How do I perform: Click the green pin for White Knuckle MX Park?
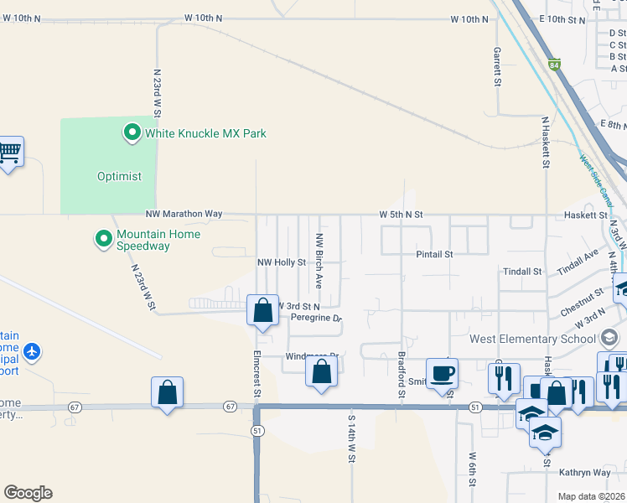[132, 132]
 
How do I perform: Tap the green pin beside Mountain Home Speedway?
[104, 240]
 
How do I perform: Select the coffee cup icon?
[442, 372]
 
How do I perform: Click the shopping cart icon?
[10, 152]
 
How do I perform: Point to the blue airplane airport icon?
[32, 350]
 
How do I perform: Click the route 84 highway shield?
[554, 64]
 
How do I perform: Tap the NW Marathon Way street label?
[184, 214]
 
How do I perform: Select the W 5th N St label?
[401, 215]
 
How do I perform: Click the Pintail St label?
[434, 253]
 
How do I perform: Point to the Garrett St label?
[497, 67]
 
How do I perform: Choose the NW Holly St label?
[281, 262]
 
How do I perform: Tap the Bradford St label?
[401, 375]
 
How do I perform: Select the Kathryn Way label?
[588, 473]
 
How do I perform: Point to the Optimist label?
[119, 177]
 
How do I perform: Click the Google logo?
[28, 493]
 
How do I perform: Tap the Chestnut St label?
[582, 299]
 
